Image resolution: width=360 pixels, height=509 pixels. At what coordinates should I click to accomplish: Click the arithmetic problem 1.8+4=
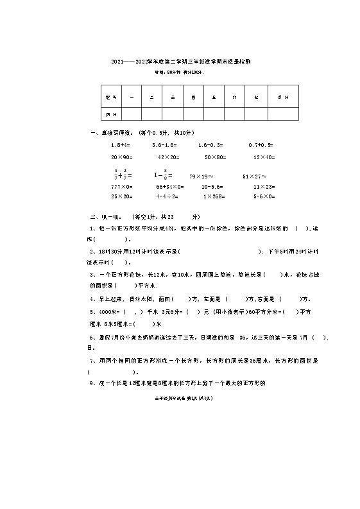pos(121,146)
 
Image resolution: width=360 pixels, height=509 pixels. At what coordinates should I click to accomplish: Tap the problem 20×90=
pos(121,157)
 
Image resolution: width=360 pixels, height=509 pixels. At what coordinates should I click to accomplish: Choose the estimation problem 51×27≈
pos(254,175)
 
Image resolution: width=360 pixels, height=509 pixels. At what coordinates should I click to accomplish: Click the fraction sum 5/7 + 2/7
pos(121,173)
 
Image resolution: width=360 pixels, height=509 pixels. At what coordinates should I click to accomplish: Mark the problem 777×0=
pos(121,186)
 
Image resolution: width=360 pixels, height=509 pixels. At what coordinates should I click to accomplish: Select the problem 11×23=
pos(264,186)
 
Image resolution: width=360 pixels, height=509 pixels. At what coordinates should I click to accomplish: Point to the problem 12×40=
pos(264,157)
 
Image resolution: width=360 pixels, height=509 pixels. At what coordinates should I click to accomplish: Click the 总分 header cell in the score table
pos(283,97)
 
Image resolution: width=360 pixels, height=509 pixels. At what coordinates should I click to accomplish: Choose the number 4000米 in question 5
pos(103,311)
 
